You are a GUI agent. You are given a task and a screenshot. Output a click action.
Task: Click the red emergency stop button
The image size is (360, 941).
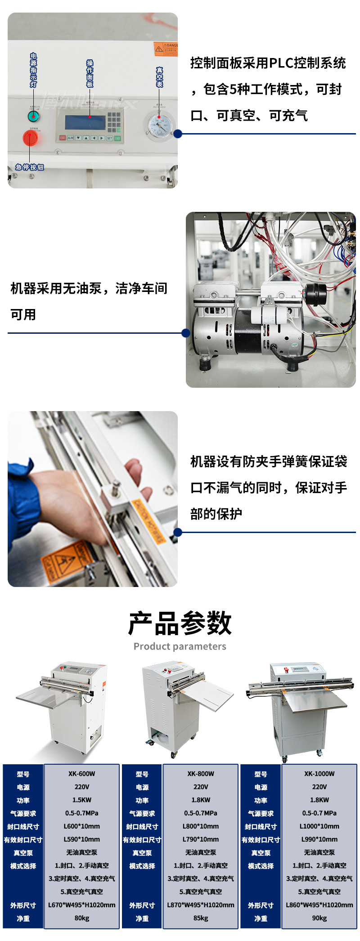(30, 138)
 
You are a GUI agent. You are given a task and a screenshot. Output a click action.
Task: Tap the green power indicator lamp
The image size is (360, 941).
(33, 117)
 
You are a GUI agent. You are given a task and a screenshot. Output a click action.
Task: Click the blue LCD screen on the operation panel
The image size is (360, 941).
(85, 122)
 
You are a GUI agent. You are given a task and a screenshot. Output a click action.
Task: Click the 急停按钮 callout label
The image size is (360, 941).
(30, 167)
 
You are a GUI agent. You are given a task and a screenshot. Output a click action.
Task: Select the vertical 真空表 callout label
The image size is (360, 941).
(159, 77)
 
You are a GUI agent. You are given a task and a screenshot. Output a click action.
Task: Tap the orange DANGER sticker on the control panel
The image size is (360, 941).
(166, 49)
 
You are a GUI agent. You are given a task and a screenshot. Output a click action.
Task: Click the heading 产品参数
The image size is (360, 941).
(180, 623)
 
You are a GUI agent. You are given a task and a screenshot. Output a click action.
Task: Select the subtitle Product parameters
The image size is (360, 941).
(180, 646)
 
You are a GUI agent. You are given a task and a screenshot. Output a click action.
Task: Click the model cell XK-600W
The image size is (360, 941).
(81, 774)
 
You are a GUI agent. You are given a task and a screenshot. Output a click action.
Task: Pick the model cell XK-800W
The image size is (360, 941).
(201, 774)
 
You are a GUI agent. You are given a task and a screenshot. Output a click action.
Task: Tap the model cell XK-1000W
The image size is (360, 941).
(319, 774)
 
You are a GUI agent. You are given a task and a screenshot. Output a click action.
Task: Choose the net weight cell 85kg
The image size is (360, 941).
(201, 918)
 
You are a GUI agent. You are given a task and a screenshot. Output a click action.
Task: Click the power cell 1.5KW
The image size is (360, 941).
(81, 800)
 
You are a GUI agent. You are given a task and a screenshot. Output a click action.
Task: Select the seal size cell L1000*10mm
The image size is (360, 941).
(319, 826)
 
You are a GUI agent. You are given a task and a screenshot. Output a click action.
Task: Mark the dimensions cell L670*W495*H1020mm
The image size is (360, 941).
(81, 905)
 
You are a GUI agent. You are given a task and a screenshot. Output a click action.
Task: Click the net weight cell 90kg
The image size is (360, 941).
(319, 918)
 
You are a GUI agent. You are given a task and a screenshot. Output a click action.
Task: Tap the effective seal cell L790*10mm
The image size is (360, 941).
(201, 839)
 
